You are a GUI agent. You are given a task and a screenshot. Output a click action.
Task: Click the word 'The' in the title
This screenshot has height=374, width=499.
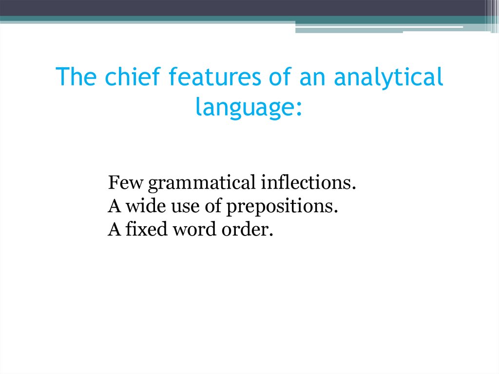[x=73, y=78]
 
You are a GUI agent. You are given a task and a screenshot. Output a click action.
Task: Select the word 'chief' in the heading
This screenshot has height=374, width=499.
[x=124, y=78]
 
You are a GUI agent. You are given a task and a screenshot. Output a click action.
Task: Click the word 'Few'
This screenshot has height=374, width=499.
[x=125, y=183]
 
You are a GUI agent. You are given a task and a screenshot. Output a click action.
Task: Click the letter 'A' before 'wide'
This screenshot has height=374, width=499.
[x=114, y=207]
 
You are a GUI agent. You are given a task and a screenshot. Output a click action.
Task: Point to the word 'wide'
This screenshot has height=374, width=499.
[x=142, y=207]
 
